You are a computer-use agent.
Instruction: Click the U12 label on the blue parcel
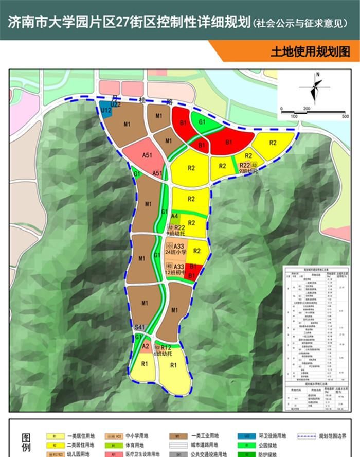[x=105, y=110]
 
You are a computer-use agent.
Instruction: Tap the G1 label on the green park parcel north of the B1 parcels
[x=202, y=122]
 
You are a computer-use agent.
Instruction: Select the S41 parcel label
[x=139, y=327]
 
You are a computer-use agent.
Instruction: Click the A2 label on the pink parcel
[x=146, y=346]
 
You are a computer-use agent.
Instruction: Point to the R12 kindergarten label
[x=166, y=348]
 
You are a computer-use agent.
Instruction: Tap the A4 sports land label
[x=175, y=216]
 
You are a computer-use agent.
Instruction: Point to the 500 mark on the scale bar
[x=345, y=116]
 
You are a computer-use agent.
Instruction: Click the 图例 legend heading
[x=26, y=443]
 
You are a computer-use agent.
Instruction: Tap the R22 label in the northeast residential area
[x=245, y=165]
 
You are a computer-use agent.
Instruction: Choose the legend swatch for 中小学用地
[x=116, y=435]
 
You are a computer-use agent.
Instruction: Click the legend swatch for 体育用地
[x=116, y=445]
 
